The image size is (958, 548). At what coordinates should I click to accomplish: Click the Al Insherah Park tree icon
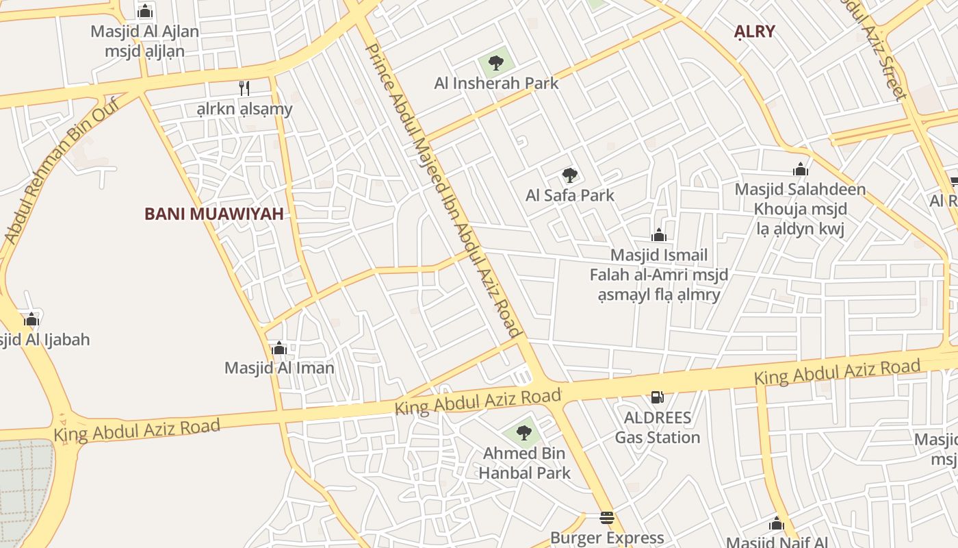tap(496, 63)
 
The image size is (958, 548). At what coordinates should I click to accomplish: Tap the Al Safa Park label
tap(569, 195)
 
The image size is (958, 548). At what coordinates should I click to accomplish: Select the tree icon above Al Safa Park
tap(569, 175)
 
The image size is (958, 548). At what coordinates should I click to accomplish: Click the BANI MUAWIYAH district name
tap(213, 214)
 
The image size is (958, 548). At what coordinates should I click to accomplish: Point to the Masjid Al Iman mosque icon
tap(279, 349)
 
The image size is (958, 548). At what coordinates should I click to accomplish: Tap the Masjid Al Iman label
tap(279, 368)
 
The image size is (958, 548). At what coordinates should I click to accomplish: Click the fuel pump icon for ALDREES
tap(656, 397)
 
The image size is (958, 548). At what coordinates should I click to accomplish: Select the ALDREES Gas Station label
tap(657, 427)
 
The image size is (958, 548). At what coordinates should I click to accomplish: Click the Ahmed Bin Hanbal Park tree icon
tap(523, 433)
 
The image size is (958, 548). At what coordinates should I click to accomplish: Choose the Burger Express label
tap(607, 538)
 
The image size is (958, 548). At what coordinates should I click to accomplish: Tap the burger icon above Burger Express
tap(607, 518)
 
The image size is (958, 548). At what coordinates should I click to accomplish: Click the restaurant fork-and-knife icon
tap(244, 88)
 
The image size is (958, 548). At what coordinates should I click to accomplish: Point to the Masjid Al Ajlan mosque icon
tap(144, 12)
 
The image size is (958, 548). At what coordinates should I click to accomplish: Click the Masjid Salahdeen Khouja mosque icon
tap(800, 170)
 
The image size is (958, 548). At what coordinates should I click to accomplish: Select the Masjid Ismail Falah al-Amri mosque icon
tap(659, 236)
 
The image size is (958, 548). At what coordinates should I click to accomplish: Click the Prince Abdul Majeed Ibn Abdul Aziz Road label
tap(444, 190)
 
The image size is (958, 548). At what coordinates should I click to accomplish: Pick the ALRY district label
tap(754, 31)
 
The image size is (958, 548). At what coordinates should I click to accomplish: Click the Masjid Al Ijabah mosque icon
tap(31, 320)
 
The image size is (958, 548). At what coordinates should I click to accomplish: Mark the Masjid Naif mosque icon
tap(776, 525)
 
